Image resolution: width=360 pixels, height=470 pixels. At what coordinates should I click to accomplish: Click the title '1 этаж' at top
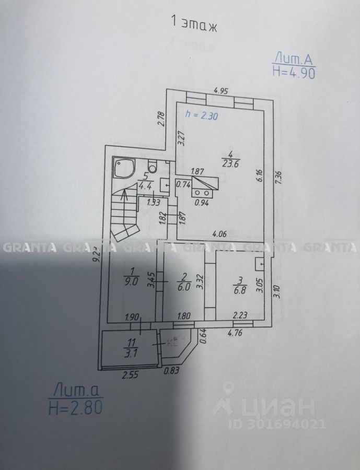[x=194, y=23]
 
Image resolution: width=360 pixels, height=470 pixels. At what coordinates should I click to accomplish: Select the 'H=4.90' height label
[x=294, y=73]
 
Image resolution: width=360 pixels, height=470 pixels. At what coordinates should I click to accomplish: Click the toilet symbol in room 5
[x=153, y=167]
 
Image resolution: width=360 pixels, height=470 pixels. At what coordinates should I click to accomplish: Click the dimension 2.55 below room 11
[x=129, y=374]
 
